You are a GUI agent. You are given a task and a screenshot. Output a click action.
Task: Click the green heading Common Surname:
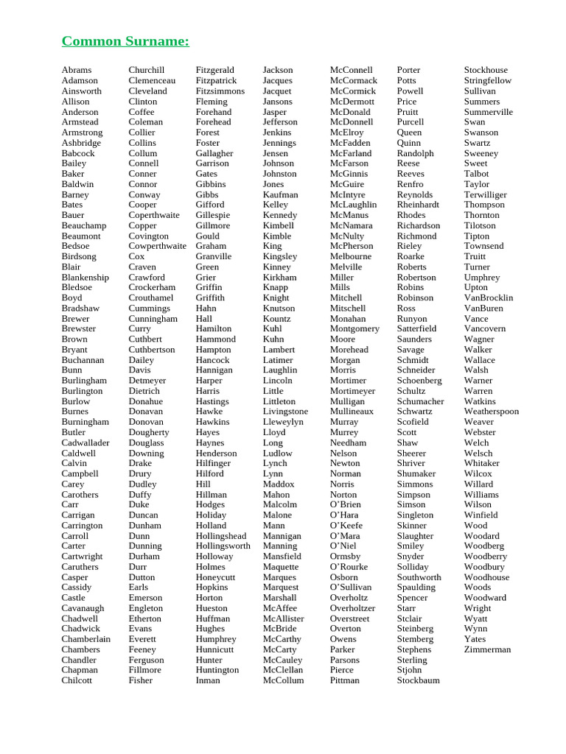125,41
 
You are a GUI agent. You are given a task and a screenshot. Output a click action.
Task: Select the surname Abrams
77,70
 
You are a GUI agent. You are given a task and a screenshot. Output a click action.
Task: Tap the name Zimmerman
487,649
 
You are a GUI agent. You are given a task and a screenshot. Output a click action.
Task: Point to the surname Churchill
147,70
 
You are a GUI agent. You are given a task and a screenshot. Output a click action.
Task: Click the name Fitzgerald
215,70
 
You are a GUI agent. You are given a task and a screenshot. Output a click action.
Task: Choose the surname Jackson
278,70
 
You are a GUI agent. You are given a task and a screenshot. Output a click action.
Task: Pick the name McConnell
352,70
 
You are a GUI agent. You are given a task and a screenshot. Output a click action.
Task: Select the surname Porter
409,70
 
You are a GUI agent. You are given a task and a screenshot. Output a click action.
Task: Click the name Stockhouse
486,70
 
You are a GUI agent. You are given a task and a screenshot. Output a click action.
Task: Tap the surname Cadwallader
85,443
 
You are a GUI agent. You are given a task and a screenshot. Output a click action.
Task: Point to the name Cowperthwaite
158,246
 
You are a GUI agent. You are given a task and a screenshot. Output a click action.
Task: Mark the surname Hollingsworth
223,546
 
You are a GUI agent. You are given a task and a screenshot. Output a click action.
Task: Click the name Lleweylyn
283,422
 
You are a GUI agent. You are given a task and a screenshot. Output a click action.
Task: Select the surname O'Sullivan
351,588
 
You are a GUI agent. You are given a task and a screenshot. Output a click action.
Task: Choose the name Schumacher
421,401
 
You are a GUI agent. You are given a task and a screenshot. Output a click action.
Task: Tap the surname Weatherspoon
492,412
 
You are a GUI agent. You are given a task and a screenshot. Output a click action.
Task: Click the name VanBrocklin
489,297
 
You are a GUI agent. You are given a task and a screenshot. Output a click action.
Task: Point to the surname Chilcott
77,680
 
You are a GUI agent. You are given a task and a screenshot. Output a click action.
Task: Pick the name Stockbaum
419,680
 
